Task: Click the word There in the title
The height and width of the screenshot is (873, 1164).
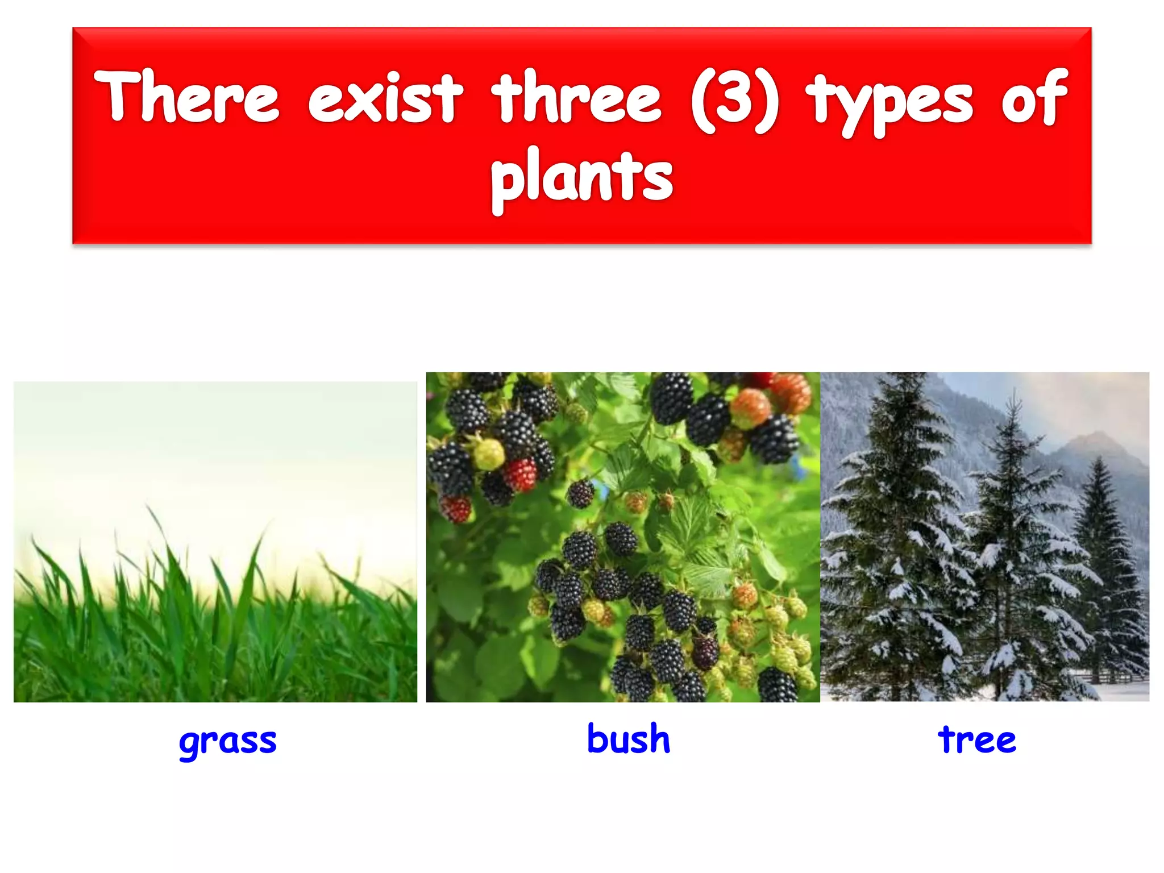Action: (x=186, y=97)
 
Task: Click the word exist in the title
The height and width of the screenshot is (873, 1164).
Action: (x=385, y=98)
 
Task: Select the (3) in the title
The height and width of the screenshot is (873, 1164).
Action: (x=734, y=100)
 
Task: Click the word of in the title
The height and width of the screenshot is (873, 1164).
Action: (x=1034, y=98)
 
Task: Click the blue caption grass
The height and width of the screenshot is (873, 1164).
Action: (x=227, y=741)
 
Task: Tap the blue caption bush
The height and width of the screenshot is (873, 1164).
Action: (x=628, y=739)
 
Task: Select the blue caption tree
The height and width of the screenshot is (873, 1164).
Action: (x=976, y=740)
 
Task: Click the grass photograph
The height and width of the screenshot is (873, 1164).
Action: (x=215, y=541)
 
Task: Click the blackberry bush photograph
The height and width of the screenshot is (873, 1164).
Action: (x=622, y=537)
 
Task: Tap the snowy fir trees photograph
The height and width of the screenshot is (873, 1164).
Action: (x=984, y=537)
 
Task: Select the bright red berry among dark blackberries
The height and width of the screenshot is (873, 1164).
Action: (x=519, y=475)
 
